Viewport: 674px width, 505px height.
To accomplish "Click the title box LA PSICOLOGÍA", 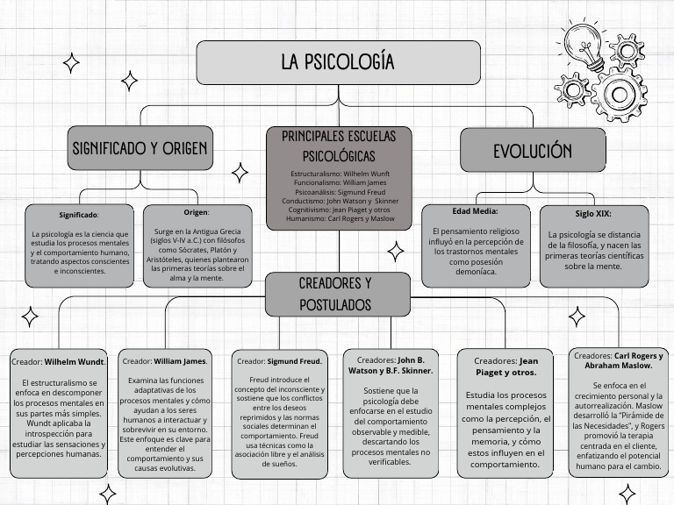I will [338, 62].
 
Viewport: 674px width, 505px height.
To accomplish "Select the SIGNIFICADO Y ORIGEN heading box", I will [140, 149].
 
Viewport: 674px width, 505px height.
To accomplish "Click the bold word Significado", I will [78, 215].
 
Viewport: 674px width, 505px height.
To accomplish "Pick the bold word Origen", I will [196, 212].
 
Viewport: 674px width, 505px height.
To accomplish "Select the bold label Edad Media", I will [475, 211].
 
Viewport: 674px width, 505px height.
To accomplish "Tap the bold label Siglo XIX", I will [593, 213].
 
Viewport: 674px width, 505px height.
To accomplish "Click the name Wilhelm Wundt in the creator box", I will [75, 361].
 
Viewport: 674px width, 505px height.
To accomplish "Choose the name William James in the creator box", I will [180, 360].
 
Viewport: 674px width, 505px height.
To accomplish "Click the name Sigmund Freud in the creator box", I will [295, 360].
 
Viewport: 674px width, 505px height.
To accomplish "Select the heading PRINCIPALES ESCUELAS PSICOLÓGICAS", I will [339, 146].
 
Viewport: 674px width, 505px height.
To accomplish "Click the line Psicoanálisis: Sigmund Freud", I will [339, 192].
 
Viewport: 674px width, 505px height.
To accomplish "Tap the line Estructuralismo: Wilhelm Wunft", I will [339, 175].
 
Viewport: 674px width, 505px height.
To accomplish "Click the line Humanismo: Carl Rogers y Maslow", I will [339, 218].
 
